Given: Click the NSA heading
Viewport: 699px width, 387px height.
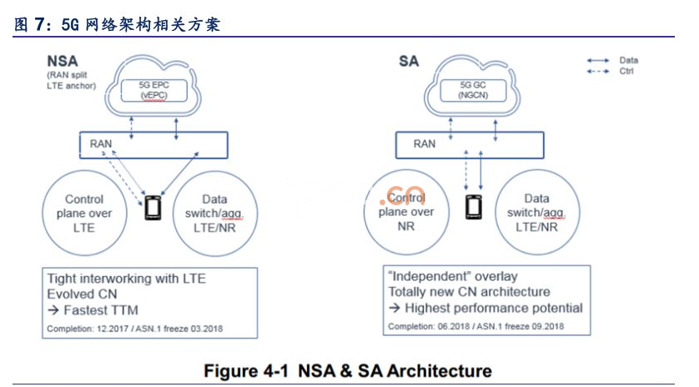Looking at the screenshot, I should (x=63, y=61).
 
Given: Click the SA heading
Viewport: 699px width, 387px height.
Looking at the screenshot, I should (x=409, y=61).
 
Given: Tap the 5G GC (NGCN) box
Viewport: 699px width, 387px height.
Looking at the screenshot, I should (x=472, y=89).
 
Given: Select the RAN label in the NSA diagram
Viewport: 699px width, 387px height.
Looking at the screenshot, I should (x=101, y=143).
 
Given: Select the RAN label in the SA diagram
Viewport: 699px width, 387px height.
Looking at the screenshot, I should (x=425, y=143).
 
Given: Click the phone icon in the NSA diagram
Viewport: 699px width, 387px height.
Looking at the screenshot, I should (x=153, y=208).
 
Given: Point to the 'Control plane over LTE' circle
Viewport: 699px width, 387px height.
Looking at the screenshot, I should (x=84, y=213).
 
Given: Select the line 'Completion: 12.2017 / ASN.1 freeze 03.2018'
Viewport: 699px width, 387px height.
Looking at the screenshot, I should (x=134, y=329).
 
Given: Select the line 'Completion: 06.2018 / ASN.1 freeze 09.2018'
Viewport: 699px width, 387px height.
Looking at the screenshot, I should (x=476, y=327).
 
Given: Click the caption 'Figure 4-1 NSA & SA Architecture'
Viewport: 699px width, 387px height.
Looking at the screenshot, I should (x=349, y=370).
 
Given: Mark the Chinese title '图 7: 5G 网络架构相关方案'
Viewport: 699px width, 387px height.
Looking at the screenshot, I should (x=118, y=25).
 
